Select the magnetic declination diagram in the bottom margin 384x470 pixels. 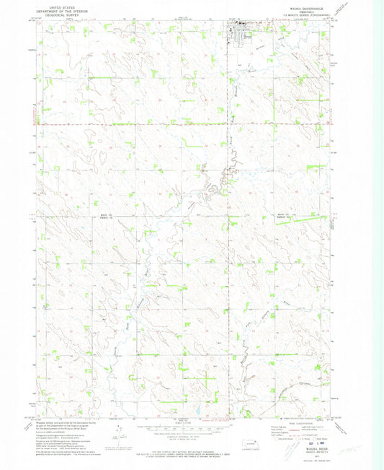[x=118, y=434]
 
